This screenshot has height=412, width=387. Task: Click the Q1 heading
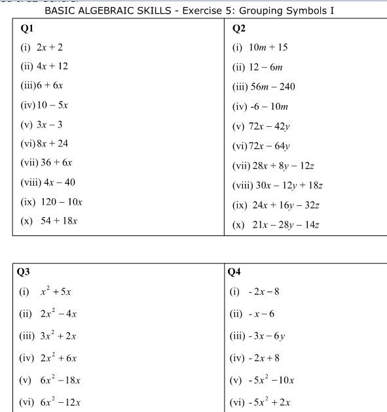pos(28,29)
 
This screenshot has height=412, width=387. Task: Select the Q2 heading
pos(239,28)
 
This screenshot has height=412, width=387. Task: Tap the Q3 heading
pos(24,271)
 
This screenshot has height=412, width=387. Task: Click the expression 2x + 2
pos(50,47)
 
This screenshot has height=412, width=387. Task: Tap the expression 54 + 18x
pos(59,221)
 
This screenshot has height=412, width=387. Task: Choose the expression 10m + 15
pos(268,47)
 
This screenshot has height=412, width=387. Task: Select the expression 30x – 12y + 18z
pos(287,185)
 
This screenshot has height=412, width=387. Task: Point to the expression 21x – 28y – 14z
pos(286,225)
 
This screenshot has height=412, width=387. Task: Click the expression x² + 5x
pos(56,292)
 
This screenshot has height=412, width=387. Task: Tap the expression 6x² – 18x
pos(60,380)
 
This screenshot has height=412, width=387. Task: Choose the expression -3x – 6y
pos(267,336)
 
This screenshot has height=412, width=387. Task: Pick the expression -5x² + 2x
pos(271,402)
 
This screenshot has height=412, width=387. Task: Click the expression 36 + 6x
pos(58,163)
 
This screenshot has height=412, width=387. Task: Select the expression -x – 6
pos(261,314)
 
